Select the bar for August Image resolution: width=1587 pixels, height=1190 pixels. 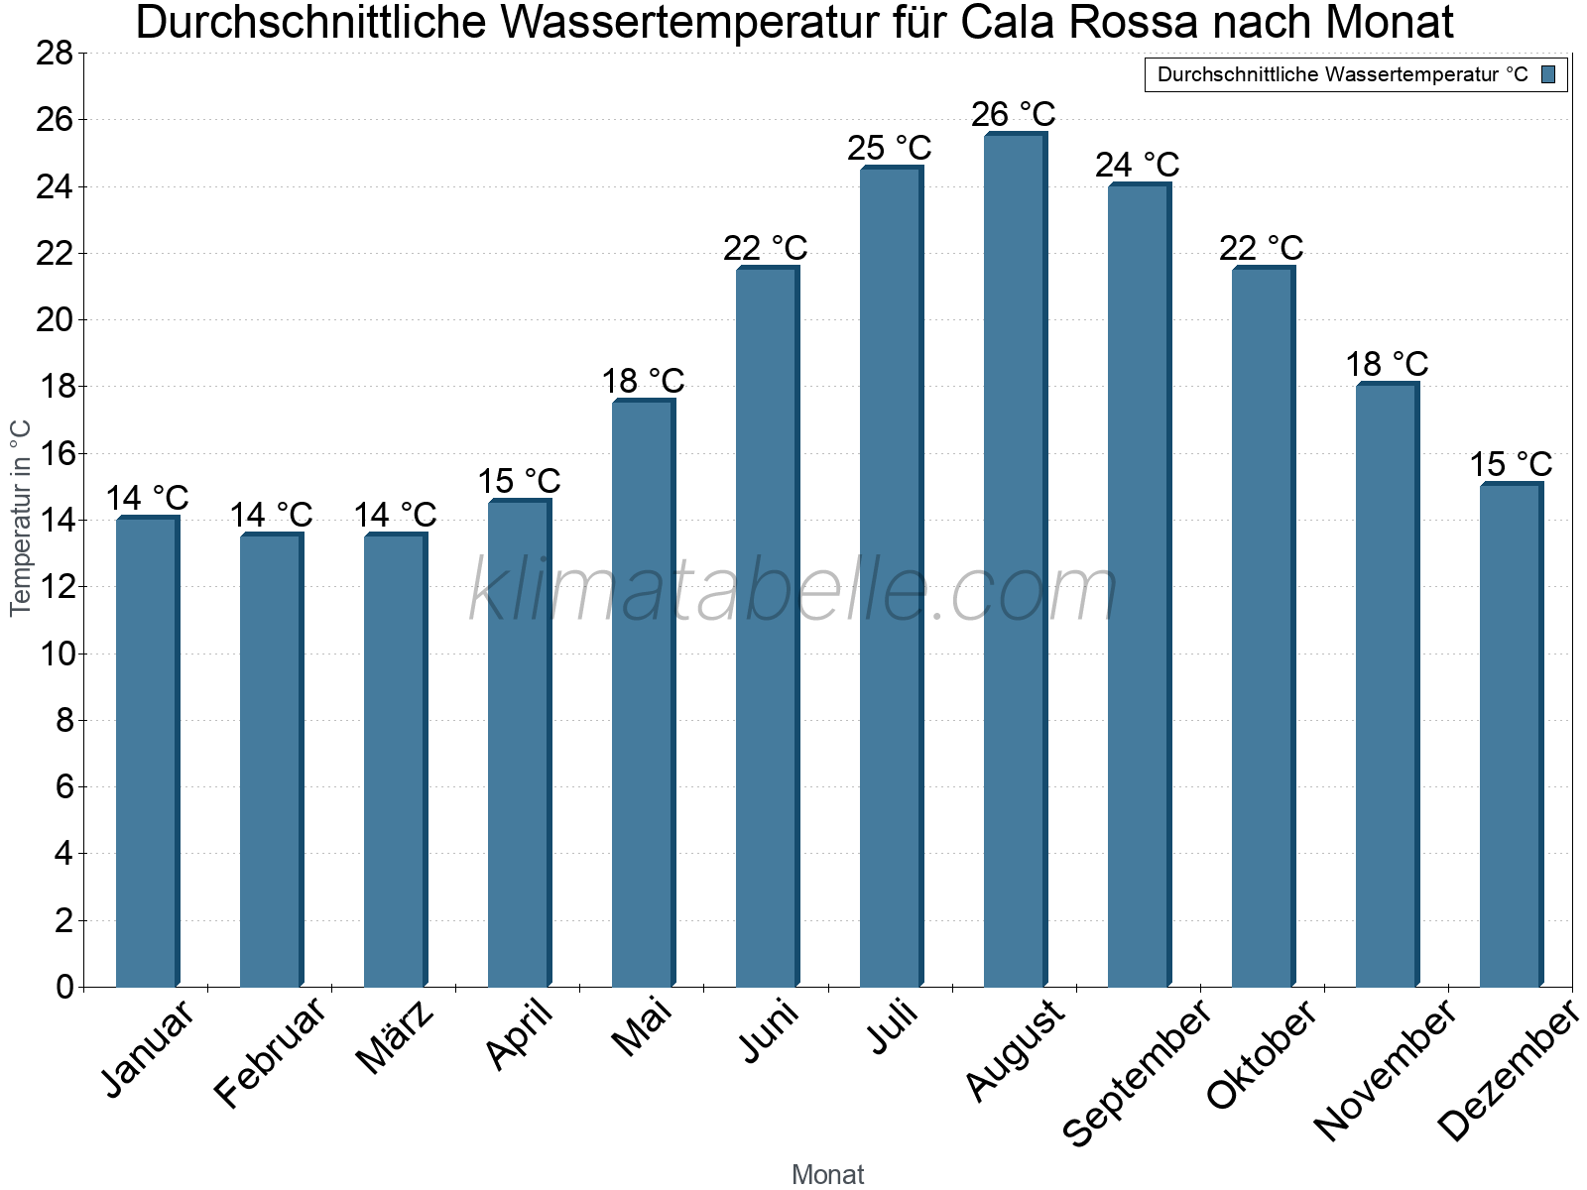1014,560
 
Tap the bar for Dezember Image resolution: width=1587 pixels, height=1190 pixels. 1511,735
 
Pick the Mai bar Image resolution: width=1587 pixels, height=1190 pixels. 643,693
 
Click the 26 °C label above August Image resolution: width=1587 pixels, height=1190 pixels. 1014,115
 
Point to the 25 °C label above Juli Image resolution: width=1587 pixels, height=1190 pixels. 890,149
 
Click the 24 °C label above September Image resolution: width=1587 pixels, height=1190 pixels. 1138,165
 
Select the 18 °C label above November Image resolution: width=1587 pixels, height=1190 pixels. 1387,365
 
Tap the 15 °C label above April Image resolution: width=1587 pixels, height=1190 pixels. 519,482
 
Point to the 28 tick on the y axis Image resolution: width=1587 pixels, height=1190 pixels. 55,54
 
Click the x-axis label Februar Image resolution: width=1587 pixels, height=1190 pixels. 270,1051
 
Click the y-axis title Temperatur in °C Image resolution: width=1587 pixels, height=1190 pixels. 21,518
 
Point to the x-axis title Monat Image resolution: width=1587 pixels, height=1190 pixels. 828,1174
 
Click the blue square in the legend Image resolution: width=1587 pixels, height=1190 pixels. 1549,74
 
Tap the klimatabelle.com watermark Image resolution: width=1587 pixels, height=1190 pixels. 793,591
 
